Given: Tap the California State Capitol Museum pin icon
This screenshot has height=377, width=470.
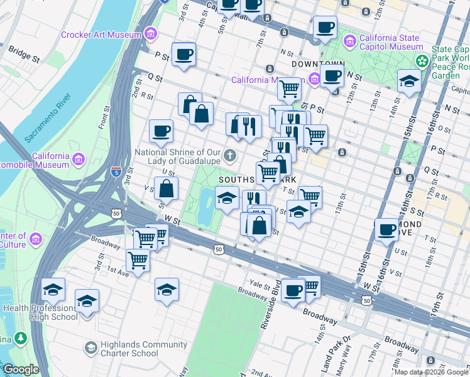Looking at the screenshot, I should (349, 42).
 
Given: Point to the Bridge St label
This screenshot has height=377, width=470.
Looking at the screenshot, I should (25, 56).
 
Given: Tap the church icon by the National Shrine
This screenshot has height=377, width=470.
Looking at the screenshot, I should (231, 155).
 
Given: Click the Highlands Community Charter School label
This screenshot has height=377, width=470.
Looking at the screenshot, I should (146, 349).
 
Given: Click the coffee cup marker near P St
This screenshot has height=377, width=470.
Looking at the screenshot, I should (183, 54).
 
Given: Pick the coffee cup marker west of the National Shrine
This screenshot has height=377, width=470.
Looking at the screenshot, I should (161, 131).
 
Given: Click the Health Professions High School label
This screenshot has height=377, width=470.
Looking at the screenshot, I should (40, 312).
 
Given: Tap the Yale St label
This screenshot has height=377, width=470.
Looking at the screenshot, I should (259, 283).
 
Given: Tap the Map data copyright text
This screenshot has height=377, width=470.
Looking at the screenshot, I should (431, 372).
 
